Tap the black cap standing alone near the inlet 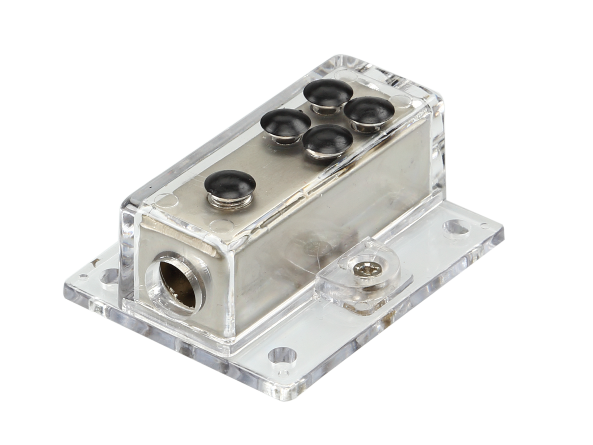point(229,183)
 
